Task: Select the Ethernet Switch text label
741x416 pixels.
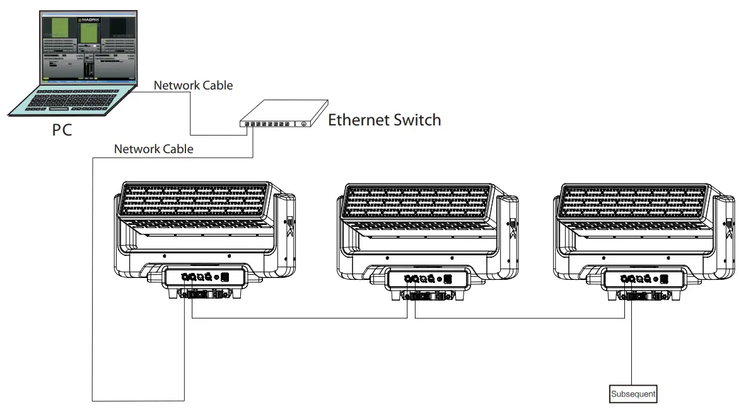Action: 384,120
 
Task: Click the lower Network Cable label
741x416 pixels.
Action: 153,149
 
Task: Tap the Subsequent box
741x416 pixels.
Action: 633,394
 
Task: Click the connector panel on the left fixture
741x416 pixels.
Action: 203,277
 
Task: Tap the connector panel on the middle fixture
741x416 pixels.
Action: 427,278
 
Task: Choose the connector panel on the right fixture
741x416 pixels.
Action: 644,278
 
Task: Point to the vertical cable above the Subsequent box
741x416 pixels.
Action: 633,353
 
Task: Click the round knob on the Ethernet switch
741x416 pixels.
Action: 304,124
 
